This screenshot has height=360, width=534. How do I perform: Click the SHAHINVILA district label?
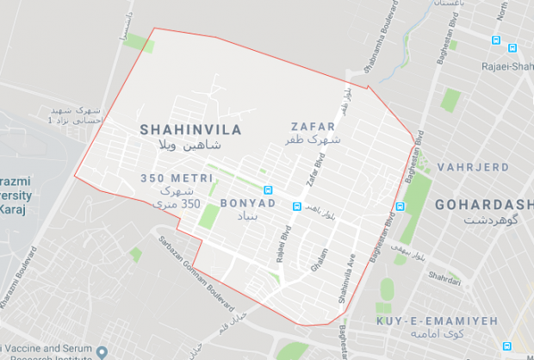click(x=190, y=130)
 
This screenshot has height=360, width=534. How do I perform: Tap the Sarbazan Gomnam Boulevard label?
click(x=199, y=270)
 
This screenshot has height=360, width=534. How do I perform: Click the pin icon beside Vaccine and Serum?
click(x=102, y=352)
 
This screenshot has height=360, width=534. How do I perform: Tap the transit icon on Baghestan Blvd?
click(x=400, y=207)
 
